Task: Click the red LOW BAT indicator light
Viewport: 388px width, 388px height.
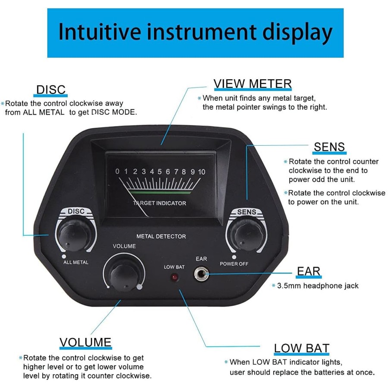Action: pos(175,277)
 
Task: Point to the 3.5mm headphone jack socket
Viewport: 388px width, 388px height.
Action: pos(201,274)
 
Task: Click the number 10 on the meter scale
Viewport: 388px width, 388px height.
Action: pos(202,172)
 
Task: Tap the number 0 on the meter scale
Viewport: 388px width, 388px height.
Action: pos(117,171)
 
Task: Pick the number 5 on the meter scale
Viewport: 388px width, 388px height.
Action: pos(160,172)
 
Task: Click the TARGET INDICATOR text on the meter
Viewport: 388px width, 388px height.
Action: pos(160,203)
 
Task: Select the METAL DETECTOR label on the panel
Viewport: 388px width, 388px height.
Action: pos(161,236)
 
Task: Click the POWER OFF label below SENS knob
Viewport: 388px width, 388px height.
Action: pos(234,264)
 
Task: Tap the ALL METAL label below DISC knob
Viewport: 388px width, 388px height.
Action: pos(76,262)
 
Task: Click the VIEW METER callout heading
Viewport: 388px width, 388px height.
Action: pos(253,84)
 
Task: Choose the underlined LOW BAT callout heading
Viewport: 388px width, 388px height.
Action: pos(302,348)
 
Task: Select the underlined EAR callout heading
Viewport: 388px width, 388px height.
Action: pos(309,271)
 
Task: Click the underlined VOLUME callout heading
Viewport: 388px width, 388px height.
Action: pos(85,342)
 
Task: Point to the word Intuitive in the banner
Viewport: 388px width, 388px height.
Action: pos(100,31)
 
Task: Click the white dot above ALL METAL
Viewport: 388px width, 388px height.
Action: pos(64,257)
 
